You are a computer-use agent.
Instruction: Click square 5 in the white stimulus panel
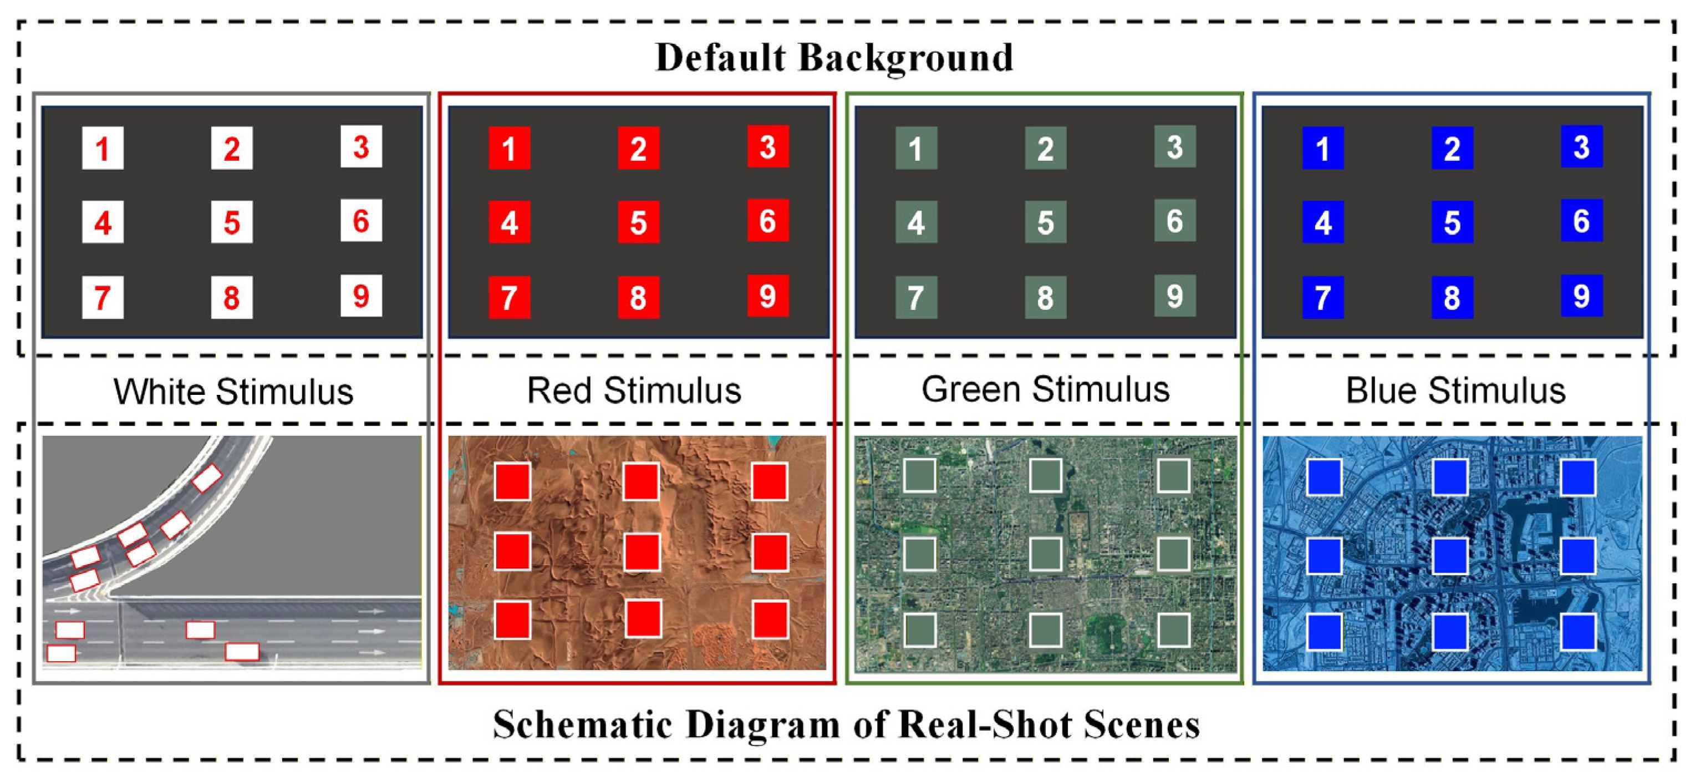click(232, 222)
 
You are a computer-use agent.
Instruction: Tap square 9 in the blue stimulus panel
click(1581, 296)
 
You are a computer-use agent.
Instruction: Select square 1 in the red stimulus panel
click(510, 149)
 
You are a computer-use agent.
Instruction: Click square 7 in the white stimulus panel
click(103, 297)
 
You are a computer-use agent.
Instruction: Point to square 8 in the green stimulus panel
click(1046, 297)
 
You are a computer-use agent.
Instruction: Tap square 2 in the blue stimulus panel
click(1452, 149)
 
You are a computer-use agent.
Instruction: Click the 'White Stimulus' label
click(233, 392)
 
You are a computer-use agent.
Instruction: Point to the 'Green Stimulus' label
click(1045, 389)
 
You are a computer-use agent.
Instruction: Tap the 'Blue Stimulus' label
click(1455, 391)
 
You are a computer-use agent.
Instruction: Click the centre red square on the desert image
click(642, 551)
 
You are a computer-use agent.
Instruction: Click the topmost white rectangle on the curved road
click(207, 478)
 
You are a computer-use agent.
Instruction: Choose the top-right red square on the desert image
click(770, 481)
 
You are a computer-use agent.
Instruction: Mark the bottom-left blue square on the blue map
click(1324, 632)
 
